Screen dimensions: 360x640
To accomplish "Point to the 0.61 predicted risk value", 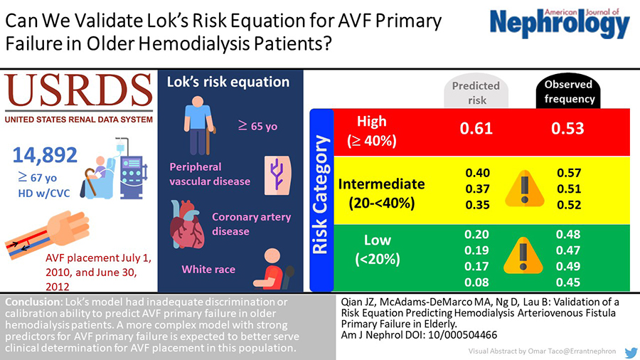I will [477, 128].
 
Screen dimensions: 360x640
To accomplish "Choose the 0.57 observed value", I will [569, 173].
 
